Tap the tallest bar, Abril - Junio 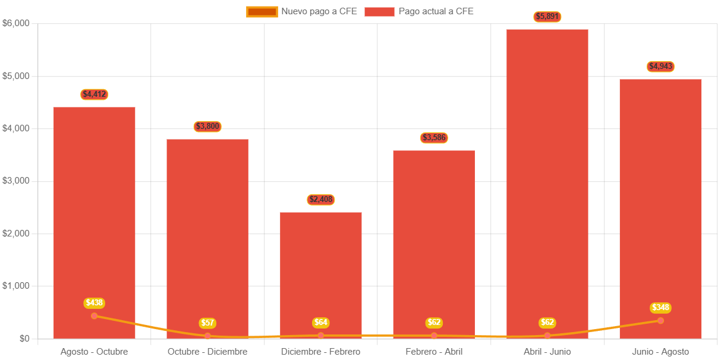547,178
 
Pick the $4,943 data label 660,66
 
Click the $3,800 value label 207,126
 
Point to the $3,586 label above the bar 434,138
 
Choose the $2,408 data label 321,199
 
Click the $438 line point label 94,302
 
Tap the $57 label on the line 207,323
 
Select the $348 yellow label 660,307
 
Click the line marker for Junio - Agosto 660,321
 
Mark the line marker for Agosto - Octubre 94,316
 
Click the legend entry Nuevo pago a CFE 302,11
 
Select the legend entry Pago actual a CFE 419,11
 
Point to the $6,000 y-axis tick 16,23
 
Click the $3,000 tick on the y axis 16,181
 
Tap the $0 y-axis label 24,338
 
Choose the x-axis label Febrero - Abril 434,352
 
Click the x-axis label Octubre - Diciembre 207,352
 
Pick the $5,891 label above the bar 547,17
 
